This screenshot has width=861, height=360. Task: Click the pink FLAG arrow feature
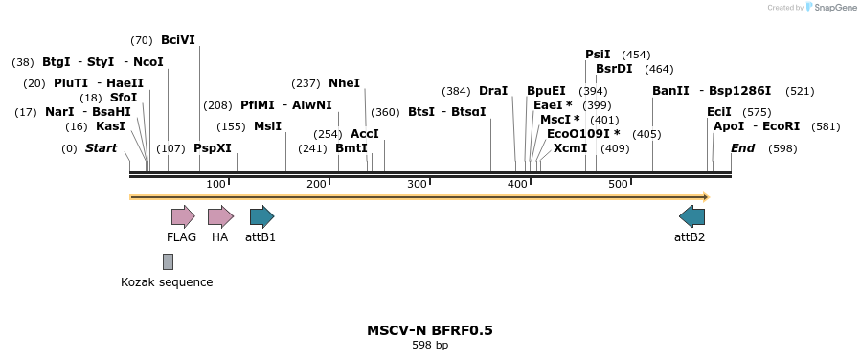pos(182,216)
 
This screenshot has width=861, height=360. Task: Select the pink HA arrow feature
pos(220,216)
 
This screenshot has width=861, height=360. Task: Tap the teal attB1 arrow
pos(261,216)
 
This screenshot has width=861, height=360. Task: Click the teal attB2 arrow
pos(691,216)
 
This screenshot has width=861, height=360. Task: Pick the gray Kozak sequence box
pos(168,261)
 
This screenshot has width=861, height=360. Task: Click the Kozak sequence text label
pos(167,282)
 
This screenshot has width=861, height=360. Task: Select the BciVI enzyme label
pos(178,40)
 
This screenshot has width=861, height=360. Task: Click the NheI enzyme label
pos(344,83)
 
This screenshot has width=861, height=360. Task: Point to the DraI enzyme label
pos(493,91)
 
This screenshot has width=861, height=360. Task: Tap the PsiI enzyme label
pos(598,55)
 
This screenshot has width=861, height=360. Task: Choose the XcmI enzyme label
pos(570,148)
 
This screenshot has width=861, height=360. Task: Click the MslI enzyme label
pos(267,126)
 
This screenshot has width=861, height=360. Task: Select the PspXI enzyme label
pos(212,148)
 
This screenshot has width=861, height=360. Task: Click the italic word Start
pos(101,148)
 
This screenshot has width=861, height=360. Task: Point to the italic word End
pos(742,148)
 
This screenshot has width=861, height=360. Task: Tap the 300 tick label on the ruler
pos(417,184)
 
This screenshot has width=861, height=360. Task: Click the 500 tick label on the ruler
pos(618,184)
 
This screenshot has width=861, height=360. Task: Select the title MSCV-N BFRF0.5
pos(430,330)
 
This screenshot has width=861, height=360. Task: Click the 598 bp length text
pos(430,346)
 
